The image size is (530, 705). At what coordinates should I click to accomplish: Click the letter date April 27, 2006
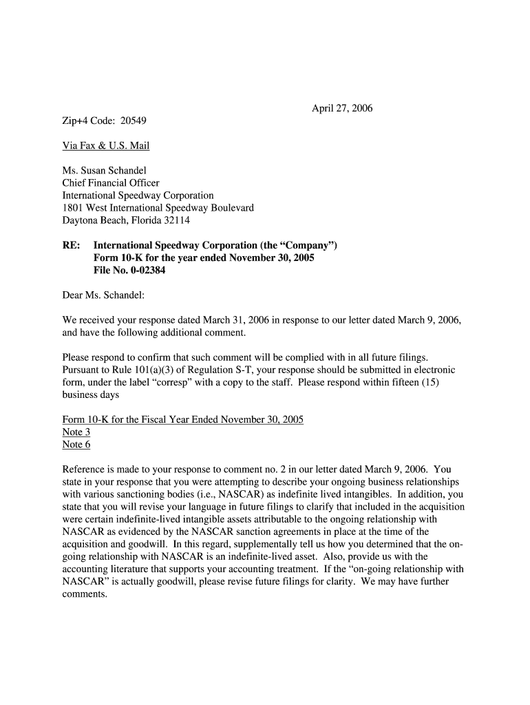342,108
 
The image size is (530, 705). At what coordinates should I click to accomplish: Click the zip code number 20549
133,120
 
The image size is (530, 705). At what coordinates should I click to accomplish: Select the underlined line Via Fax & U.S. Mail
105,145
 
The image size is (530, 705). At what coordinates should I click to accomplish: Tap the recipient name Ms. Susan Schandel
104,170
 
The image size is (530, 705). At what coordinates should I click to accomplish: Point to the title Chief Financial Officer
110,183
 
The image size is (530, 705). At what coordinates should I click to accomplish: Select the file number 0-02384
142,271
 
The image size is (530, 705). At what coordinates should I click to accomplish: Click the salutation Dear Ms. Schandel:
103,295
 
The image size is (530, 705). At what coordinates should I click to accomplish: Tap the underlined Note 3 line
76,432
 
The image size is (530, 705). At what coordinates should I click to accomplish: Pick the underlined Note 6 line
76,444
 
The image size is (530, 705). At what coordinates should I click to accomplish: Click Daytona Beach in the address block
92,220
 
